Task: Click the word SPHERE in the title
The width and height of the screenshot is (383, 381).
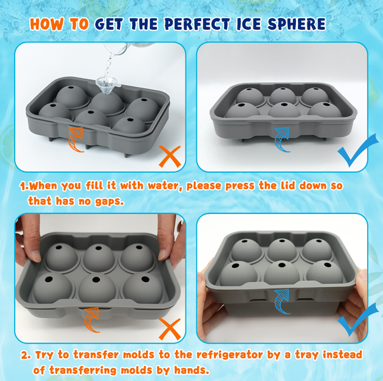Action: (297, 24)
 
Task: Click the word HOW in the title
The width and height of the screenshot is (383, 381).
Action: (46, 24)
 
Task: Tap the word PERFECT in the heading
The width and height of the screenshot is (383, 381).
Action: (198, 24)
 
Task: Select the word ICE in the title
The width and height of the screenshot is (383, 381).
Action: (248, 24)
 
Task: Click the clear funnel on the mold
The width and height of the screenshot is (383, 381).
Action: (107, 85)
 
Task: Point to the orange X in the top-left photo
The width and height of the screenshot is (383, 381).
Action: (170, 156)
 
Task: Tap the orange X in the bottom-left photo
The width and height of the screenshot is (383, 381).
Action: (170, 329)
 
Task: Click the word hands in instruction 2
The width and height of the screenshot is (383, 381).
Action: (192, 370)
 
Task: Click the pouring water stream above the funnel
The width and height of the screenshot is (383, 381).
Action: (109, 65)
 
